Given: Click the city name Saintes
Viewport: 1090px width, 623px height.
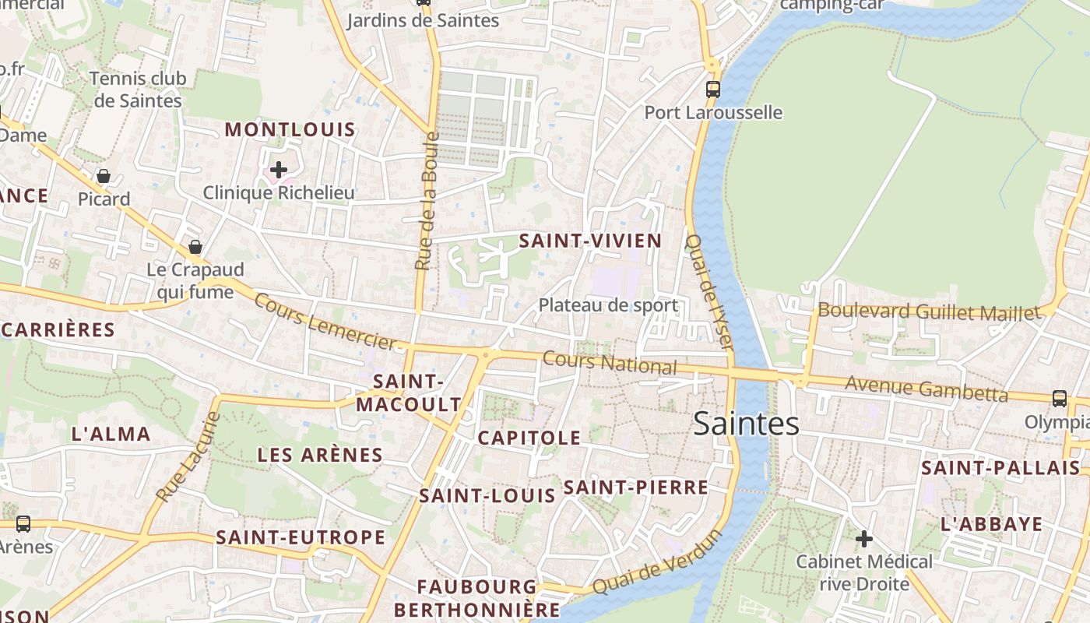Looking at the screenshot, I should point(746,424).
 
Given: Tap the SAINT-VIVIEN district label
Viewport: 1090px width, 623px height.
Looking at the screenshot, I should point(590,241).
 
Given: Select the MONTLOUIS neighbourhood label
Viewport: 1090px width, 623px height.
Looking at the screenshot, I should point(290,130).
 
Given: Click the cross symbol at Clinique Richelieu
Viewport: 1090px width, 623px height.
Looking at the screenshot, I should point(279,169).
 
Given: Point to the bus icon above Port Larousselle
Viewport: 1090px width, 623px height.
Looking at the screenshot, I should point(712,89).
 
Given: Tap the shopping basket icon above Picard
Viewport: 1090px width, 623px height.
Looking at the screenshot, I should point(104,176).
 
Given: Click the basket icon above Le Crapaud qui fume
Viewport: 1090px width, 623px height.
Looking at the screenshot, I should point(195,247).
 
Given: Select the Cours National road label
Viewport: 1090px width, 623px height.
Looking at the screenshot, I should point(610,363).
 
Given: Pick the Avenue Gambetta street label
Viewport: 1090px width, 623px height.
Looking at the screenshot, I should point(926,388).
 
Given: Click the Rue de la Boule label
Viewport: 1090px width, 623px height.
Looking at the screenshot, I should point(427,201).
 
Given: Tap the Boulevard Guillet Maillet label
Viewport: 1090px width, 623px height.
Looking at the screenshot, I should point(929,312).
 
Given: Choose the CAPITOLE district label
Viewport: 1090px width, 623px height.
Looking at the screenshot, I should point(529,438).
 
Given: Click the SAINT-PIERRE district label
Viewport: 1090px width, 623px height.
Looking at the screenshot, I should point(635,488).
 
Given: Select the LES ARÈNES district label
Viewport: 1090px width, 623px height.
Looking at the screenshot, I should point(320,455).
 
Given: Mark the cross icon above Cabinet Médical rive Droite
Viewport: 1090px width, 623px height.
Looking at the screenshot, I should point(863,538).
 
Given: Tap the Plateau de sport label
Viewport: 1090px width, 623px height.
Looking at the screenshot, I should point(608,305).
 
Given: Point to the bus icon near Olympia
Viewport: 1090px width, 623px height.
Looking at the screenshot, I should point(1060,399).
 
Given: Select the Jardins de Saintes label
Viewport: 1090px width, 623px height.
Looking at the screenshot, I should point(423,21).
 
